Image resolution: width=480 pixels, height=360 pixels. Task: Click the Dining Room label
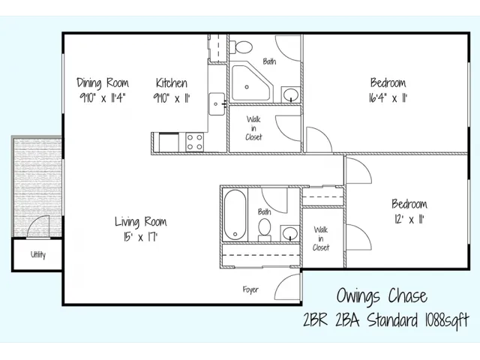tap(103, 83)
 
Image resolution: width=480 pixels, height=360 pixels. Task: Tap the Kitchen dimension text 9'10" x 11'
tap(172, 98)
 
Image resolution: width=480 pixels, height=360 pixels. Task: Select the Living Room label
tap(141, 222)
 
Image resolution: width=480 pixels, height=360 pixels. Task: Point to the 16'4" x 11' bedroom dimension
tap(388, 98)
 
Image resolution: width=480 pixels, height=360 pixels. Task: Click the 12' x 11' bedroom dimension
tap(409, 220)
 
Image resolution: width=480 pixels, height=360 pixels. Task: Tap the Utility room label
tap(38, 255)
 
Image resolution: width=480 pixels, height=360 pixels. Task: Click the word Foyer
tap(250, 289)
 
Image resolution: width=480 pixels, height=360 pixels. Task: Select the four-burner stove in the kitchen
tap(195, 142)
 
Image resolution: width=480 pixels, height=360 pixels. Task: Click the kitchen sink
tap(217, 104)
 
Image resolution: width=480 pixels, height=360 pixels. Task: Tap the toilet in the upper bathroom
tap(241, 47)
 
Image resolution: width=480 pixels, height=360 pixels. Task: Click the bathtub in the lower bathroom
tap(235, 215)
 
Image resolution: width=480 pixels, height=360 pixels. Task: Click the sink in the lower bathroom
tap(290, 233)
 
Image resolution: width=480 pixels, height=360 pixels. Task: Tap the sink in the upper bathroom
tap(291, 95)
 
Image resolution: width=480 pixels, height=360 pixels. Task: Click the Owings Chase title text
tap(382, 296)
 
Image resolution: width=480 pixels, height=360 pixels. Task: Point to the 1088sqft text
tap(447, 320)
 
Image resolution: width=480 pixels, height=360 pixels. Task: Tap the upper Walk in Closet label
tap(253, 128)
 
